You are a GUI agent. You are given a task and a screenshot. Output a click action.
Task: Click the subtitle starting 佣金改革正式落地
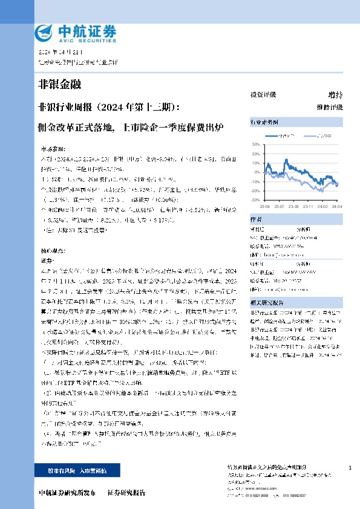130,128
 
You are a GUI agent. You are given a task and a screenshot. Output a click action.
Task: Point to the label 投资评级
263,95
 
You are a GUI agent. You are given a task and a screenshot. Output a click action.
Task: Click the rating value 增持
335,95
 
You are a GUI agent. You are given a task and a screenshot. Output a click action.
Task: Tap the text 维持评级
330,107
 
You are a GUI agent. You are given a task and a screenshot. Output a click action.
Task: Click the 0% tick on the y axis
257,172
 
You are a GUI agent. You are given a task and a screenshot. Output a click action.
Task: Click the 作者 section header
256,220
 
